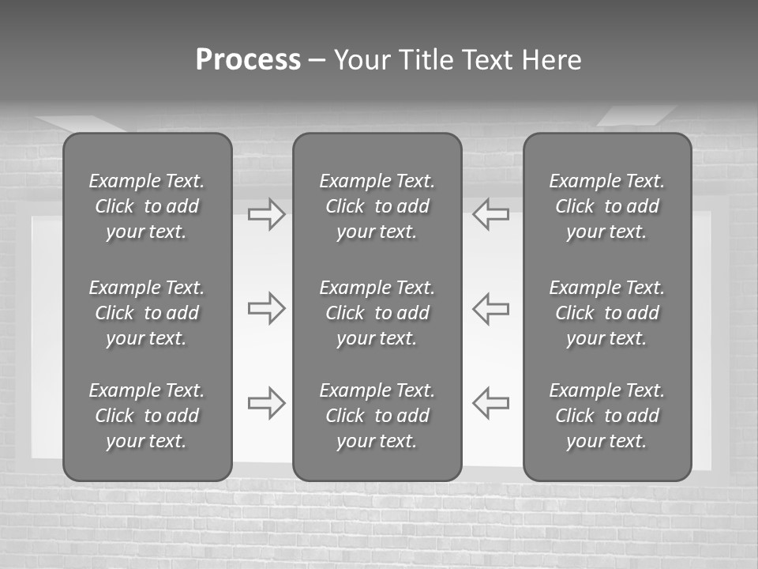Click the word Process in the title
[248, 60]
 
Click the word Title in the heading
[426, 60]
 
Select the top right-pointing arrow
[266, 214]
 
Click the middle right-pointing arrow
[266, 308]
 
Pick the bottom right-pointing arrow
[266, 403]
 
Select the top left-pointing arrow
[491, 214]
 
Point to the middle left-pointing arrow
[491, 308]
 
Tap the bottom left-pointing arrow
[491, 403]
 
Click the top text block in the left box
[147, 206]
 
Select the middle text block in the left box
[147, 313]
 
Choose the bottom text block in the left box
[147, 416]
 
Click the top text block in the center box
[377, 206]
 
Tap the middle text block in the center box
[377, 313]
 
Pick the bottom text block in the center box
[377, 416]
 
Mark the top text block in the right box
[606, 206]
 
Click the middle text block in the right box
[606, 313]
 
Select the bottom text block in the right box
[606, 416]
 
